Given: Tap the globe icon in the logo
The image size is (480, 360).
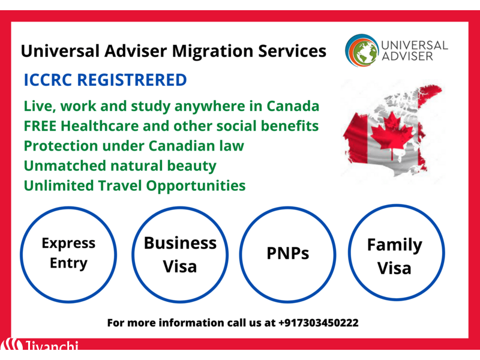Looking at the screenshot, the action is [x=362, y=50].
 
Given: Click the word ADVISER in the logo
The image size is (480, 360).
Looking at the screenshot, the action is [x=407, y=56].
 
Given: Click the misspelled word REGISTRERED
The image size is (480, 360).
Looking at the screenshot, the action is [x=132, y=80].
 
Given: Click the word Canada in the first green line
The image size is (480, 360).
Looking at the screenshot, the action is [x=293, y=106].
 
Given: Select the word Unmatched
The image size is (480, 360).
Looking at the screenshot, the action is [x=65, y=166].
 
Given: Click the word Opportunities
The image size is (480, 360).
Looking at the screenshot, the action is [x=196, y=186].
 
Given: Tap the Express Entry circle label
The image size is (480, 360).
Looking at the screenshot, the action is [x=68, y=253].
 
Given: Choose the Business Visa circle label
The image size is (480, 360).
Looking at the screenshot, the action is [x=180, y=254].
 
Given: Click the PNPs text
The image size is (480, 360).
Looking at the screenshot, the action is [x=288, y=253].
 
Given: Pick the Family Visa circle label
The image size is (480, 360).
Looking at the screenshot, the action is [x=395, y=257].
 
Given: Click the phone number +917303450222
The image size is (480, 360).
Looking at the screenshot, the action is [x=319, y=323].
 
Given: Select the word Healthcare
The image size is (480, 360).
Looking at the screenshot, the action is [x=100, y=126].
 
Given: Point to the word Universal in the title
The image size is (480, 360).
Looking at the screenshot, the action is [x=60, y=51].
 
